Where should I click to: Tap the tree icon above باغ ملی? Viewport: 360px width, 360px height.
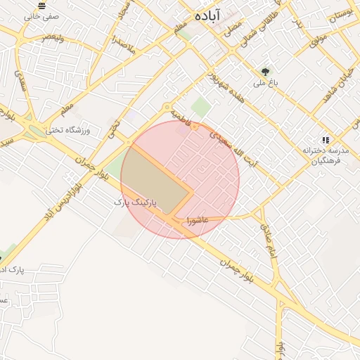265,71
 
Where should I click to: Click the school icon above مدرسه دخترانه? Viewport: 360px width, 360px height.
325,141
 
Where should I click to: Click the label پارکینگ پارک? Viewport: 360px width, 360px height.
139,202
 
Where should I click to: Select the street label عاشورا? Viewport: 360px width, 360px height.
198,220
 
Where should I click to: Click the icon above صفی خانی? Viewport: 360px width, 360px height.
42,5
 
